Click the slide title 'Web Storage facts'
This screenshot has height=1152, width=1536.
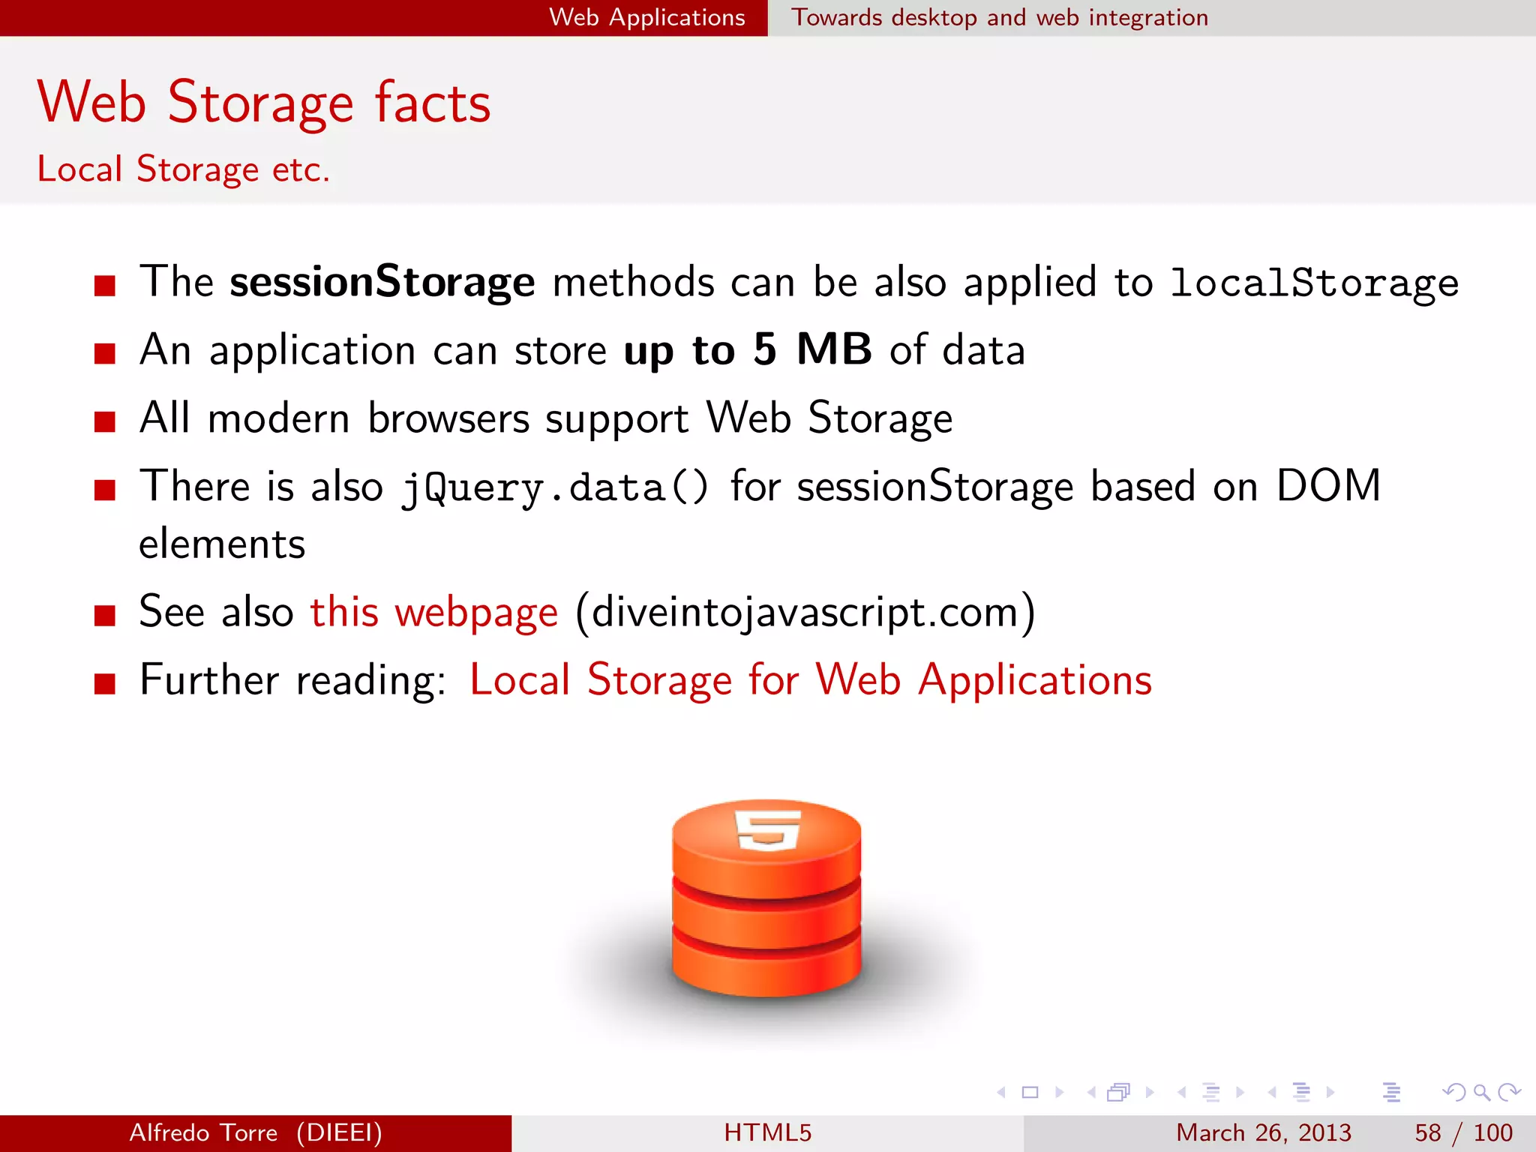coord(264,103)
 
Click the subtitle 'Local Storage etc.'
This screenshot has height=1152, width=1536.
coord(184,169)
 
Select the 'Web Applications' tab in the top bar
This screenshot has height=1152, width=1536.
coord(646,17)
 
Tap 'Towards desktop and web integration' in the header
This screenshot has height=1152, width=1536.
coord(1000,17)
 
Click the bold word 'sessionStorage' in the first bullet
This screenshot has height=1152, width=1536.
coord(382,283)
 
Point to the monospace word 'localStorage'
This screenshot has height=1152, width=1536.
coord(1314,283)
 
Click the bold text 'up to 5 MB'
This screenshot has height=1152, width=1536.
coord(748,350)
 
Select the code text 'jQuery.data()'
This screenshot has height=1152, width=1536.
coord(555,487)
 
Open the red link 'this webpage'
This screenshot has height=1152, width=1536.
coord(434,612)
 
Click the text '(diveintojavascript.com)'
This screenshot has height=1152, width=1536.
coord(805,612)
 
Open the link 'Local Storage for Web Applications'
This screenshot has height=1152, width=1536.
coord(810,680)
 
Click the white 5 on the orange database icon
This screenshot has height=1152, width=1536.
coord(767,829)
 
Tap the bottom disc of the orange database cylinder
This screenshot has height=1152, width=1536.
coord(766,967)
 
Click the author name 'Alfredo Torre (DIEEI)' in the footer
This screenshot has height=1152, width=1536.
coord(256,1132)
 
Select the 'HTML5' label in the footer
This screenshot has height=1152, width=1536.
coord(767,1132)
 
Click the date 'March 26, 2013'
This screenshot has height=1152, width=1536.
coord(1263,1132)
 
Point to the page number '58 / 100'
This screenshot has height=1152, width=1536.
coord(1463,1132)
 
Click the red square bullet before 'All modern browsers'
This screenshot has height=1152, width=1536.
coord(105,421)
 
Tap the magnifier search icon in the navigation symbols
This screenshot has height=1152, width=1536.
coord(1481,1092)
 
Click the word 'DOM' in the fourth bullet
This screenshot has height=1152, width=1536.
coord(1328,486)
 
